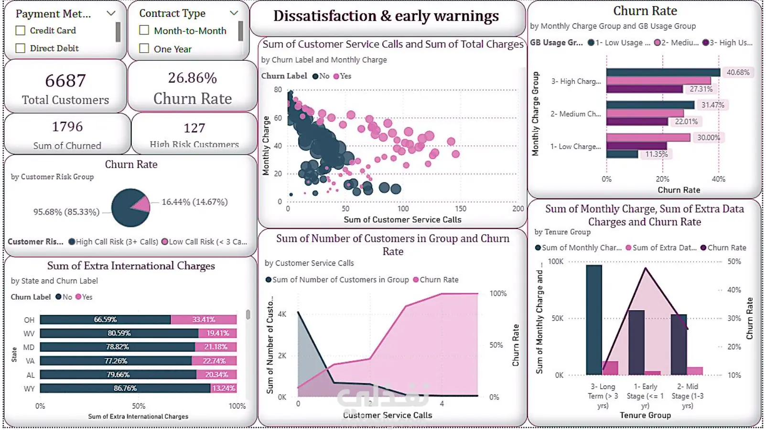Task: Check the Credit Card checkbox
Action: [x=21, y=31]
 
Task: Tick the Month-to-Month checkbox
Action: [x=144, y=31]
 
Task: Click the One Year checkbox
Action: [x=144, y=49]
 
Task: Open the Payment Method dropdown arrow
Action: [x=111, y=13]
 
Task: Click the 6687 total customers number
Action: [x=65, y=81]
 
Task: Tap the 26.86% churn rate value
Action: [x=192, y=78]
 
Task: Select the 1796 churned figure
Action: [x=67, y=127]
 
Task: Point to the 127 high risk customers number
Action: [x=194, y=128]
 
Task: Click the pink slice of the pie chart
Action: [x=141, y=204]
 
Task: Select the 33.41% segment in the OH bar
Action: [x=204, y=320]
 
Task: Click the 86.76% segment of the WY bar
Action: [x=125, y=388]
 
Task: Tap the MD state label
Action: [x=29, y=347]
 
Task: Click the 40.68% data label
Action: [x=738, y=73]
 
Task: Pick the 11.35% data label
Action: [x=657, y=154]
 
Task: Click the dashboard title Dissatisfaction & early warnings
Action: [x=386, y=16]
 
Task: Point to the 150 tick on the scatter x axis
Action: [x=460, y=209]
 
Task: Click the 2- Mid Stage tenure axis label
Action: [x=687, y=396]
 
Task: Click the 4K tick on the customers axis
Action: [x=282, y=314]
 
